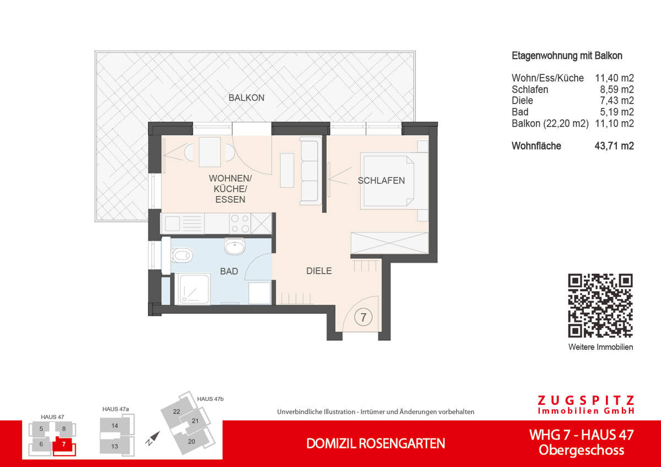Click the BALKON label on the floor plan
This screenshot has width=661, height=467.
click(x=246, y=98)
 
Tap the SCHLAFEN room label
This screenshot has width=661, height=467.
click(x=381, y=181)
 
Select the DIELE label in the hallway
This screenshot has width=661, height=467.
click(x=319, y=271)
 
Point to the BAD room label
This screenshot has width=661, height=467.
click(x=229, y=271)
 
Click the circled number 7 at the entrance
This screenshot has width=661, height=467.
click(x=363, y=317)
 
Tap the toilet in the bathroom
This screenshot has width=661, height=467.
click(x=182, y=255)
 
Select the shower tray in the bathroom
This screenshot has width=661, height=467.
click(x=192, y=289)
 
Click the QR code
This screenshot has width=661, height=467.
click(x=600, y=306)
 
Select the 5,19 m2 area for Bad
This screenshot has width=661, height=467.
click(x=617, y=112)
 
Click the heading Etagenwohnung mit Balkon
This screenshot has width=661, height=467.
click(x=567, y=56)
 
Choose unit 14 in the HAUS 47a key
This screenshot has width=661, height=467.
click(x=115, y=426)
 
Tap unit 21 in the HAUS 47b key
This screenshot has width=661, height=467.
click(x=195, y=421)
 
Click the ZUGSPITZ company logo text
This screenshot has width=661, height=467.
click(x=586, y=404)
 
